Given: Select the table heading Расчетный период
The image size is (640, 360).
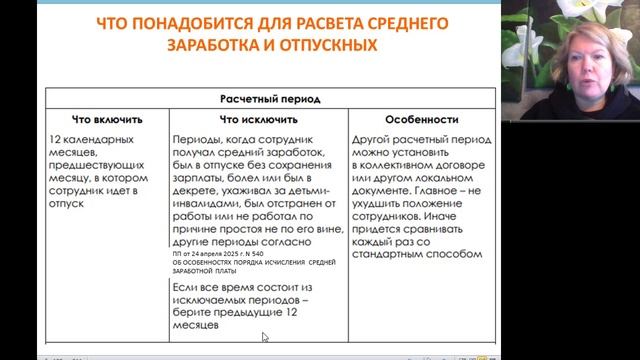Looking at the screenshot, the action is (265, 100).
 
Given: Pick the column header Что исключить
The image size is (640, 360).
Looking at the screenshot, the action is (256, 118).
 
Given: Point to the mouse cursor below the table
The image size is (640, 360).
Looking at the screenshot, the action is (265, 337).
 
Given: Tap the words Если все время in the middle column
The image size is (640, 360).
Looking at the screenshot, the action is (215, 286).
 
